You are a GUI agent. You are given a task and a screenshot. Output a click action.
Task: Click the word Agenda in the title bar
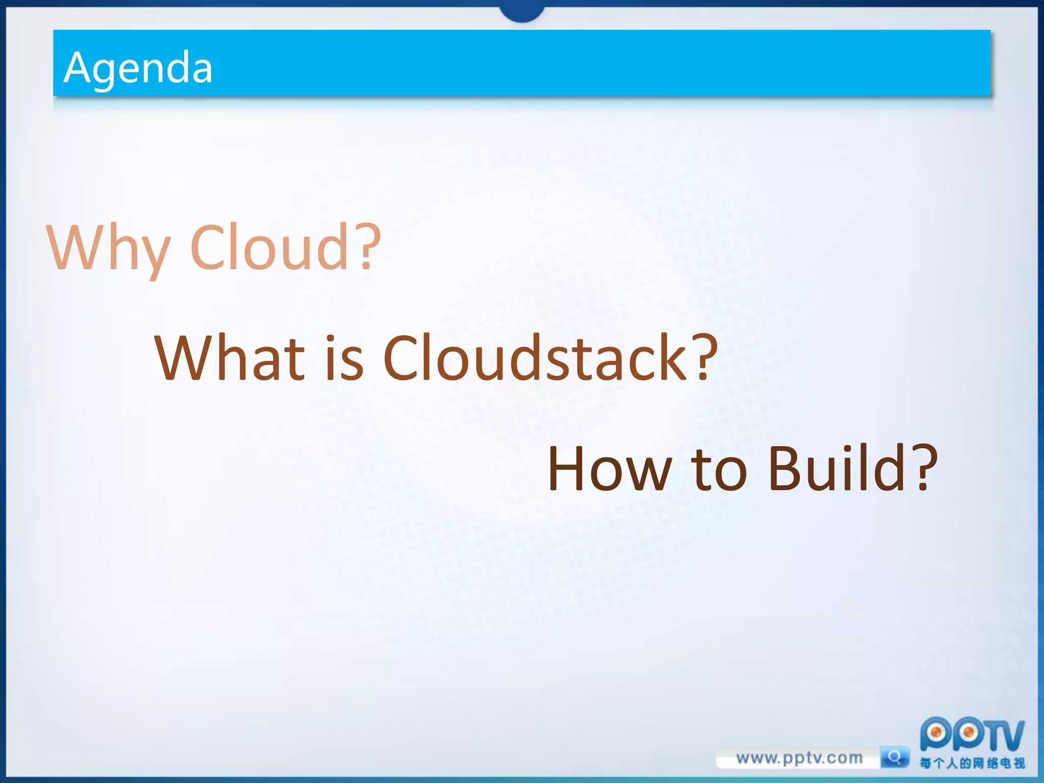point(138,68)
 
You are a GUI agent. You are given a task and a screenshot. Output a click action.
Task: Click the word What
point(229,358)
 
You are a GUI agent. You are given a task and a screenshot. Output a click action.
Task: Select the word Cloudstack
point(535,358)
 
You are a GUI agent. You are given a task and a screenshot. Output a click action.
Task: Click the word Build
point(836,468)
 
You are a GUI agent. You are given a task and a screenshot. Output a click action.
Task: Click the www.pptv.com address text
point(799,758)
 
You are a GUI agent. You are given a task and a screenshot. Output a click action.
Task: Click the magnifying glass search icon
point(895,757)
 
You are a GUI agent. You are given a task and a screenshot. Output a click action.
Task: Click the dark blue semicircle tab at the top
point(522,13)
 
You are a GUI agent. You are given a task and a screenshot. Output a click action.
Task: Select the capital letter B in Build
point(786,468)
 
